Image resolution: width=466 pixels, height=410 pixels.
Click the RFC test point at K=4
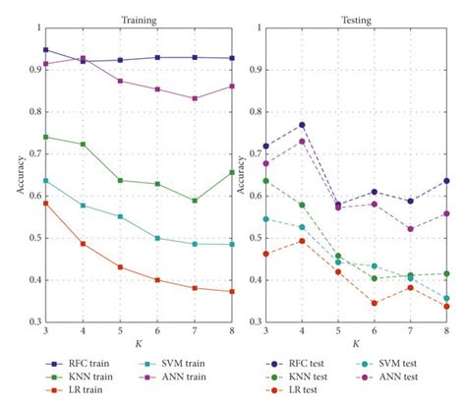pos(302,125)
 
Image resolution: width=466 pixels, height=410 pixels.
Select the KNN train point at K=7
pos(195,201)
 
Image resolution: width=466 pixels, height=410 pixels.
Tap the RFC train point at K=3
pos(46,49)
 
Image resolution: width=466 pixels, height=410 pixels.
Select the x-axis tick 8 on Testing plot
pos(446,329)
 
